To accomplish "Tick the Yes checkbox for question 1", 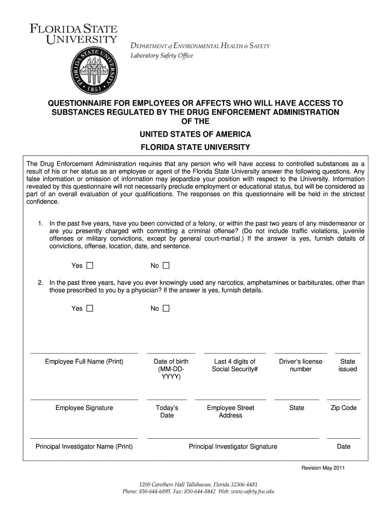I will coord(90,266).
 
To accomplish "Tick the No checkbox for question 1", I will coord(166,266).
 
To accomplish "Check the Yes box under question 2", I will coord(90,308).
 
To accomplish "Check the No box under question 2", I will coord(166,308).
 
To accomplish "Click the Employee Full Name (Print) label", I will coord(84,362).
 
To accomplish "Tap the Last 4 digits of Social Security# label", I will coord(235,365).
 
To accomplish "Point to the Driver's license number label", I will coord(301,365).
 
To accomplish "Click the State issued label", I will coord(348,365).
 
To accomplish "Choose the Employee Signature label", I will coord(84,408).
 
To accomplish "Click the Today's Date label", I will coord(167,411).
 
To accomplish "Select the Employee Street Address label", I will coord(231,411).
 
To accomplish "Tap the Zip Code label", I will coord(344,408).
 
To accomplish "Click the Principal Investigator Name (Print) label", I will coord(84,446).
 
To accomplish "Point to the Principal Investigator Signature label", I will coord(233,446).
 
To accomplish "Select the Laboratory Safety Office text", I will coord(162,56).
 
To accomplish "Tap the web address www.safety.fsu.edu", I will coord(247,492).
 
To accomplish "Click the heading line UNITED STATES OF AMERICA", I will coord(195,134).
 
